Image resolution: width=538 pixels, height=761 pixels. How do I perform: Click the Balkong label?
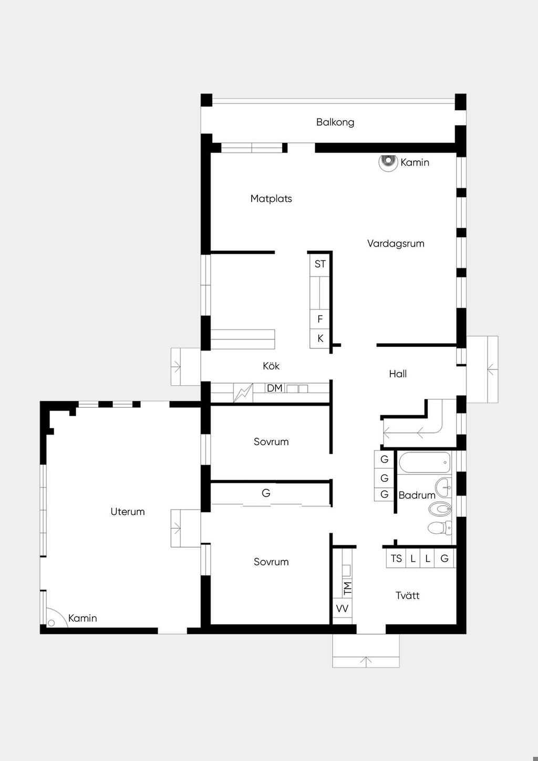tap(335, 122)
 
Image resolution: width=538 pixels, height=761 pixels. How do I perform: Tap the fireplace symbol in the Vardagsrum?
tap(388, 162)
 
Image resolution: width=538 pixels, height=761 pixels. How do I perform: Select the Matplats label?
tap(271, 199)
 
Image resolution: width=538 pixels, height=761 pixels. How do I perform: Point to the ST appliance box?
tap(319, 264)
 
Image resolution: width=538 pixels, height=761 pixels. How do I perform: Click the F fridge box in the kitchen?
tap(319, 319)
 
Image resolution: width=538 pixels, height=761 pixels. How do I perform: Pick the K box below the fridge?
tap(319, 338)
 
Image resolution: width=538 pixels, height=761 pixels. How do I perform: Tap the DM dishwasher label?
tap(274, 388)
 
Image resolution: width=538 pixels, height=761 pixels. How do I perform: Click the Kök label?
tap(271, 366)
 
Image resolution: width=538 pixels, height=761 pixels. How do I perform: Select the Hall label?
tap(398, 374)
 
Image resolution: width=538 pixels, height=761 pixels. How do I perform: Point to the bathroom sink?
tap(443, 488)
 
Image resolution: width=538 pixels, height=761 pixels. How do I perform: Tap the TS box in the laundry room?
tap(396, 559)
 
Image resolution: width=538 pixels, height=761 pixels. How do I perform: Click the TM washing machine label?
tap(348, 588)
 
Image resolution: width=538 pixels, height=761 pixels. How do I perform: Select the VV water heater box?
tap(343, 609)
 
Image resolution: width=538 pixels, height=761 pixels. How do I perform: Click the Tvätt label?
tap(407, 595)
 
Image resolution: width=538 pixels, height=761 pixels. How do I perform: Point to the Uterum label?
tap(128, 512)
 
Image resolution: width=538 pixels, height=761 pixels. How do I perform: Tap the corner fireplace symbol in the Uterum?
tap(54, 619)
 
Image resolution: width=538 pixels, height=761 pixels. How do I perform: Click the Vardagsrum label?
tap(396, 243)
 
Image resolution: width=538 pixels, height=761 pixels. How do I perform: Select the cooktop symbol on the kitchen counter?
tap(243, 393)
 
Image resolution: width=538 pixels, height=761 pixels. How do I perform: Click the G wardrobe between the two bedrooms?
tap(266, 492)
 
